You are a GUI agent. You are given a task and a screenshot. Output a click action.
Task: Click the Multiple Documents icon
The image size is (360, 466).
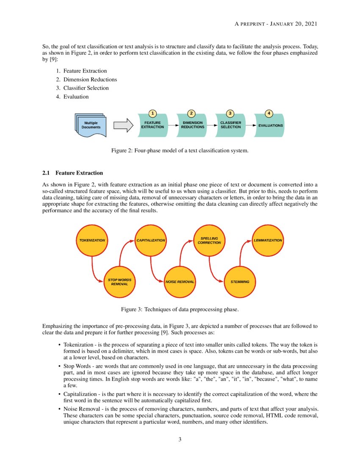(91, 125)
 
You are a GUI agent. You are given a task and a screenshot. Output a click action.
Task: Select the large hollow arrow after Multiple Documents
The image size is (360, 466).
(123, 125)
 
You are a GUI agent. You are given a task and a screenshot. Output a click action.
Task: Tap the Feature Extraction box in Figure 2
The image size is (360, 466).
(152, 125)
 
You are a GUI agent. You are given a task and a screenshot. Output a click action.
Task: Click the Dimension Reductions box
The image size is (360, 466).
(192, 125)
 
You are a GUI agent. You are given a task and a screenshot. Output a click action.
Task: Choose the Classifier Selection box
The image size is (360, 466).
(230, 125)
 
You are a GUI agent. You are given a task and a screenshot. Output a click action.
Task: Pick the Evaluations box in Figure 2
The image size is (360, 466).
(269, 125)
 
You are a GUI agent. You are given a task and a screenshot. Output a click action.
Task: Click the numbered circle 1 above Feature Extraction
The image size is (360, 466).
(152, 113)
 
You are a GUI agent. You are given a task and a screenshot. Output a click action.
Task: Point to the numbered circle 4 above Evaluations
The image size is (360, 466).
(269, 113)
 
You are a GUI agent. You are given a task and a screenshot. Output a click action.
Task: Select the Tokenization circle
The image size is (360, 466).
(92, 240)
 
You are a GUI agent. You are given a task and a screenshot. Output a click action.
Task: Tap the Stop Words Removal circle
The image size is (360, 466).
(119, 282)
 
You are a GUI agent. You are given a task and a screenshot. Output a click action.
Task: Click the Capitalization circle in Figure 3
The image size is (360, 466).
(150, 240)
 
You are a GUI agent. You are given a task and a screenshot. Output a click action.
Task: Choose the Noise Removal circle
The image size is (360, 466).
(180, 282)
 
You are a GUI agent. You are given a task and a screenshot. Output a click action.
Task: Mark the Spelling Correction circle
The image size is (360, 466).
(209, 240)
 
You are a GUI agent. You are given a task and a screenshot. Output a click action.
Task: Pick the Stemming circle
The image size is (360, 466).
(240, 282)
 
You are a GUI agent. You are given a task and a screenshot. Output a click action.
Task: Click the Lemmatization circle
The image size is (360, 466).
(268, 240)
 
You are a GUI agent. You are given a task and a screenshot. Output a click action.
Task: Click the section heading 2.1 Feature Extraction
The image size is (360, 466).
(73, 173)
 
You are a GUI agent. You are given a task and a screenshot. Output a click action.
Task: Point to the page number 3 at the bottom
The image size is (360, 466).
(180, 439)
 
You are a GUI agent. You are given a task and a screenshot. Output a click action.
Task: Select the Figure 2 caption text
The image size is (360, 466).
(180, 150)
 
